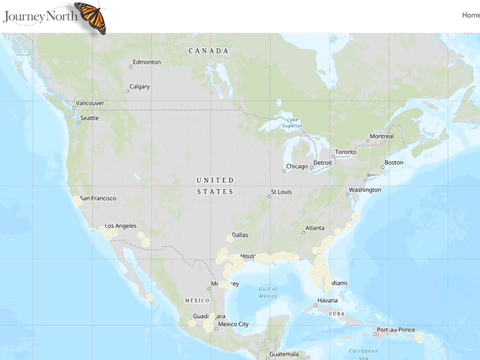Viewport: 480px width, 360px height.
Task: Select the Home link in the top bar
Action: click(x=470, y=15)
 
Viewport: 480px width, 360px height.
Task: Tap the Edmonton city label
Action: click(x=146, y=62)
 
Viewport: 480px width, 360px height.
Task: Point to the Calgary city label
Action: click(x=139, y=87)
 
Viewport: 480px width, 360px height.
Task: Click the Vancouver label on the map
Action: click(x=90, y=103)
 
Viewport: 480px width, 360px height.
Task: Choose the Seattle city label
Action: click(x=89, y=118)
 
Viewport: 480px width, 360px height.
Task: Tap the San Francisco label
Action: click(x=98, y=198)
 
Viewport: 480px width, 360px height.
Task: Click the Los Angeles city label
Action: click(x=120, y=226)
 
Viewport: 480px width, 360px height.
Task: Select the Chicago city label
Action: click(x=296, y=166)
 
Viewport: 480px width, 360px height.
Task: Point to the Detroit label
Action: click(x=322, y=163)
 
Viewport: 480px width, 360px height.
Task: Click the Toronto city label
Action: click(x=345, y=152)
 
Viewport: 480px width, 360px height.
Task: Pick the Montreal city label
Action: click(x=382, y=136)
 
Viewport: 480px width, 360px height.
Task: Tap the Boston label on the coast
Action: click(x=394, y=163)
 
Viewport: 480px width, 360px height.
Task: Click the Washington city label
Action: click(x=364, y=190)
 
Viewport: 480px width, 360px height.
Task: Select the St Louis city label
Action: click(x=281, y=192)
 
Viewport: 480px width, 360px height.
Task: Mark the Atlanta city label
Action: click(x=315, y=228)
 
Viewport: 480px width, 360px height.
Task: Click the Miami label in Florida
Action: click(x=339, y=283)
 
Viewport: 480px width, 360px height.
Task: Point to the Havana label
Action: click(x=327, y=301)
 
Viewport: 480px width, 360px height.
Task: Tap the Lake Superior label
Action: click(x=292, y=123)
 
